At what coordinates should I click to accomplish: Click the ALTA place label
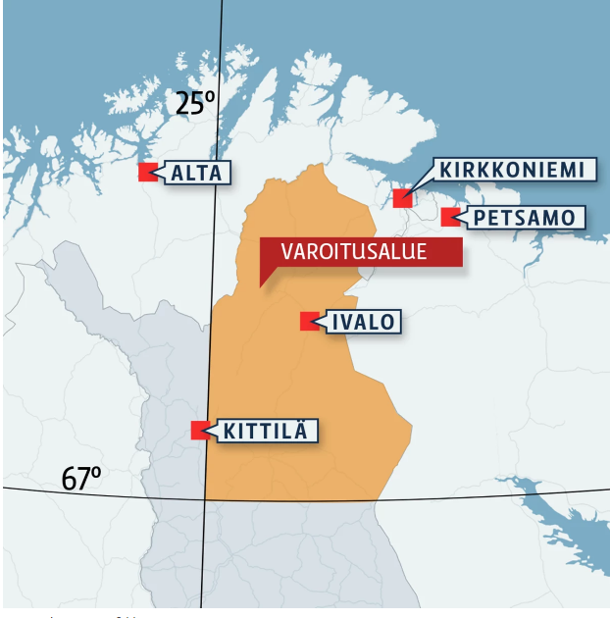point(200,174)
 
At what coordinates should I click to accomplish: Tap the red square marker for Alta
point(147,172)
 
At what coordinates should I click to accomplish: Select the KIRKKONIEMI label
point(511,170)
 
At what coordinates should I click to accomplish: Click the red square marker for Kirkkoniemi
point(401,198)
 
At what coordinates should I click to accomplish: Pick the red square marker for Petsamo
point(449,217)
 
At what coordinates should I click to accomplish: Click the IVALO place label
point(365,321)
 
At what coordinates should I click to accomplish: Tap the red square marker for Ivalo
point(309,321)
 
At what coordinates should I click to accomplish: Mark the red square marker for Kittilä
point(199,430)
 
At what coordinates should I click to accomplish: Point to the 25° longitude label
point(194,103)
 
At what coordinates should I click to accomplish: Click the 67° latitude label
point(80,480)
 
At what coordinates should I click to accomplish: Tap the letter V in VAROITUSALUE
point(287,252)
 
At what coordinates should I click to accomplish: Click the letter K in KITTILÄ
point(229,430)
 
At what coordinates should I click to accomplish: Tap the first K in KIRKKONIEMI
point(445,170)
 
